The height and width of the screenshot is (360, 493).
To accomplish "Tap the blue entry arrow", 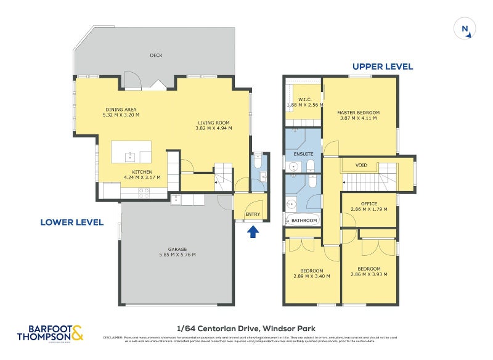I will [252, 232].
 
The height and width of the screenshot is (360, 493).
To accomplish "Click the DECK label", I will [156, 55].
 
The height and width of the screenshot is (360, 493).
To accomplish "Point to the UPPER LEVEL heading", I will [382, 67].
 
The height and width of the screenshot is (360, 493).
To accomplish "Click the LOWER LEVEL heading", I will [72, 222].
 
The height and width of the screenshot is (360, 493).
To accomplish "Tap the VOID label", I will [362, 165].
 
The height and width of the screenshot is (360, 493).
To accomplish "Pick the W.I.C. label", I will [304, 99].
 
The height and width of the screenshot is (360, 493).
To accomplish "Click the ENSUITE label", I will [303, 153].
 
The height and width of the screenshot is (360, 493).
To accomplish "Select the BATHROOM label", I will [304, 220].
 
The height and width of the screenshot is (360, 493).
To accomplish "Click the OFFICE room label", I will [370, 203].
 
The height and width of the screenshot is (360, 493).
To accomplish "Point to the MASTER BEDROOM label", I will [358, 112].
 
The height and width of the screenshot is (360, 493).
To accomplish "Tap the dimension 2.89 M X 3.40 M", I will [312, 276].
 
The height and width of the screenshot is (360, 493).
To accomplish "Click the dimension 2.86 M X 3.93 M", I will [369, 274].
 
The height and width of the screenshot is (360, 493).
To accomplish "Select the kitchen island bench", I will [131, 152].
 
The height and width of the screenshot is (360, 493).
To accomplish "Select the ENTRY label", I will [253, 215].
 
